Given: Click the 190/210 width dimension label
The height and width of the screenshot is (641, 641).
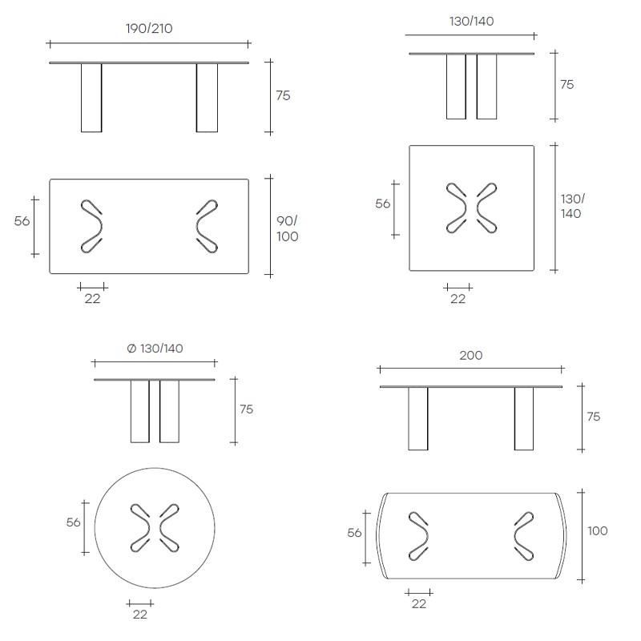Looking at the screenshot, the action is click(x=149, y=29).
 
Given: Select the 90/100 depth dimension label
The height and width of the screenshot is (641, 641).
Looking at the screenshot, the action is click(x=287, y=228).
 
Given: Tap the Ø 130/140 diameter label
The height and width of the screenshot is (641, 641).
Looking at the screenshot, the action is click(x=155, y=349).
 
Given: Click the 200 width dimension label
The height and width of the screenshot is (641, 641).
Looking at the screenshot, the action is click(x=471, y=355).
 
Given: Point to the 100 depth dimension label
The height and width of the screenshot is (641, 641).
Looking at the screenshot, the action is click(x=597, y=530).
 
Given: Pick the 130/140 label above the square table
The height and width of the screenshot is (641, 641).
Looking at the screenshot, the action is click(x=471, y=21).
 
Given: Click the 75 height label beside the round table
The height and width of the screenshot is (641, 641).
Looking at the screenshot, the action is click(x=247, y=409).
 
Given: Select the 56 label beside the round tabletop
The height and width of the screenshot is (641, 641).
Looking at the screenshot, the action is click(x=73, y=522).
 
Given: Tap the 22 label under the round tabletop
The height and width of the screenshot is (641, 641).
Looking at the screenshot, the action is click(x=139, y=615).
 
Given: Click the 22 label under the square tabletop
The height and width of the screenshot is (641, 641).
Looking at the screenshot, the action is click(x=458, y=299).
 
